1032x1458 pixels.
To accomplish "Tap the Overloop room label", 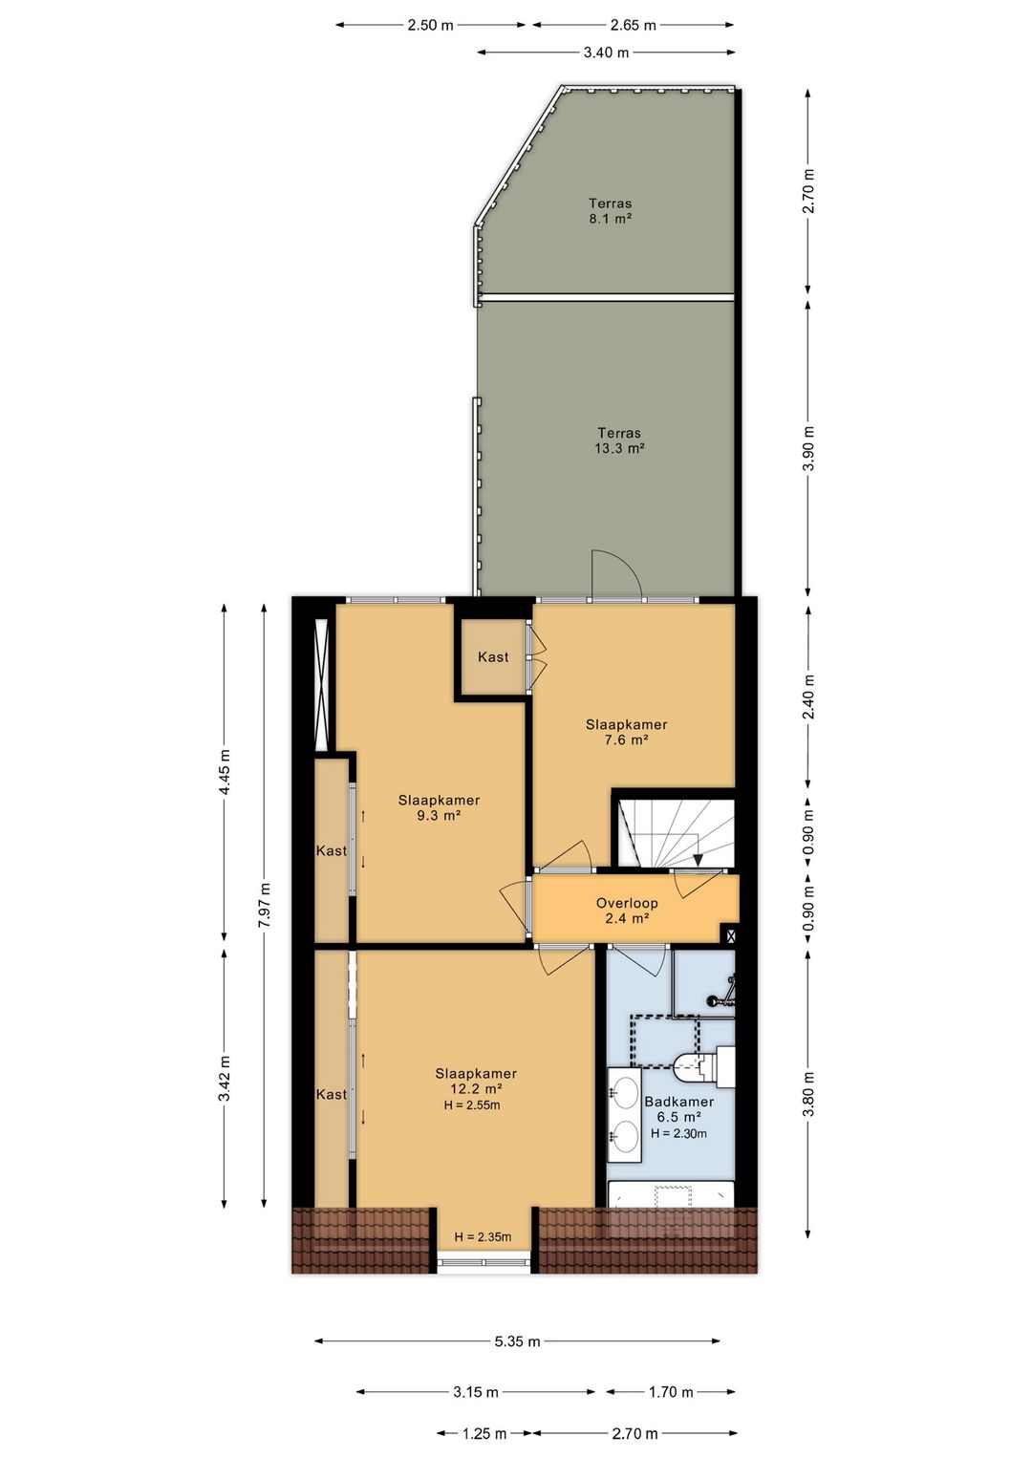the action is (x=627, y=903).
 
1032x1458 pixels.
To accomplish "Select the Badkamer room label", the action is (x=678, y=1102).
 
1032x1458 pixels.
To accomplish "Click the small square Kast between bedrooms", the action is (x=493, y=656).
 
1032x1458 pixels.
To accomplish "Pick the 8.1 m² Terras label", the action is (x=610, y=211).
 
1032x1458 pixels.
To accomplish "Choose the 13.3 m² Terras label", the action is (x=619, y=440).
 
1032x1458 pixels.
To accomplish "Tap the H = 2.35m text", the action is (x=483, y=1236).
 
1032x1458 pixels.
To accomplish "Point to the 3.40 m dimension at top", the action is (x=606, y=52).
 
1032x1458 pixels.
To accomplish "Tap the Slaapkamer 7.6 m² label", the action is (x=626, y=732).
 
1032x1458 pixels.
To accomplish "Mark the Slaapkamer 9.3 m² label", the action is (x=439, y=807).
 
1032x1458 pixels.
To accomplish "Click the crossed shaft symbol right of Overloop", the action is (x=731, y=935).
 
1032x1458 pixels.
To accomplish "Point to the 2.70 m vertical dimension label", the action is (x=808, y=191).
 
